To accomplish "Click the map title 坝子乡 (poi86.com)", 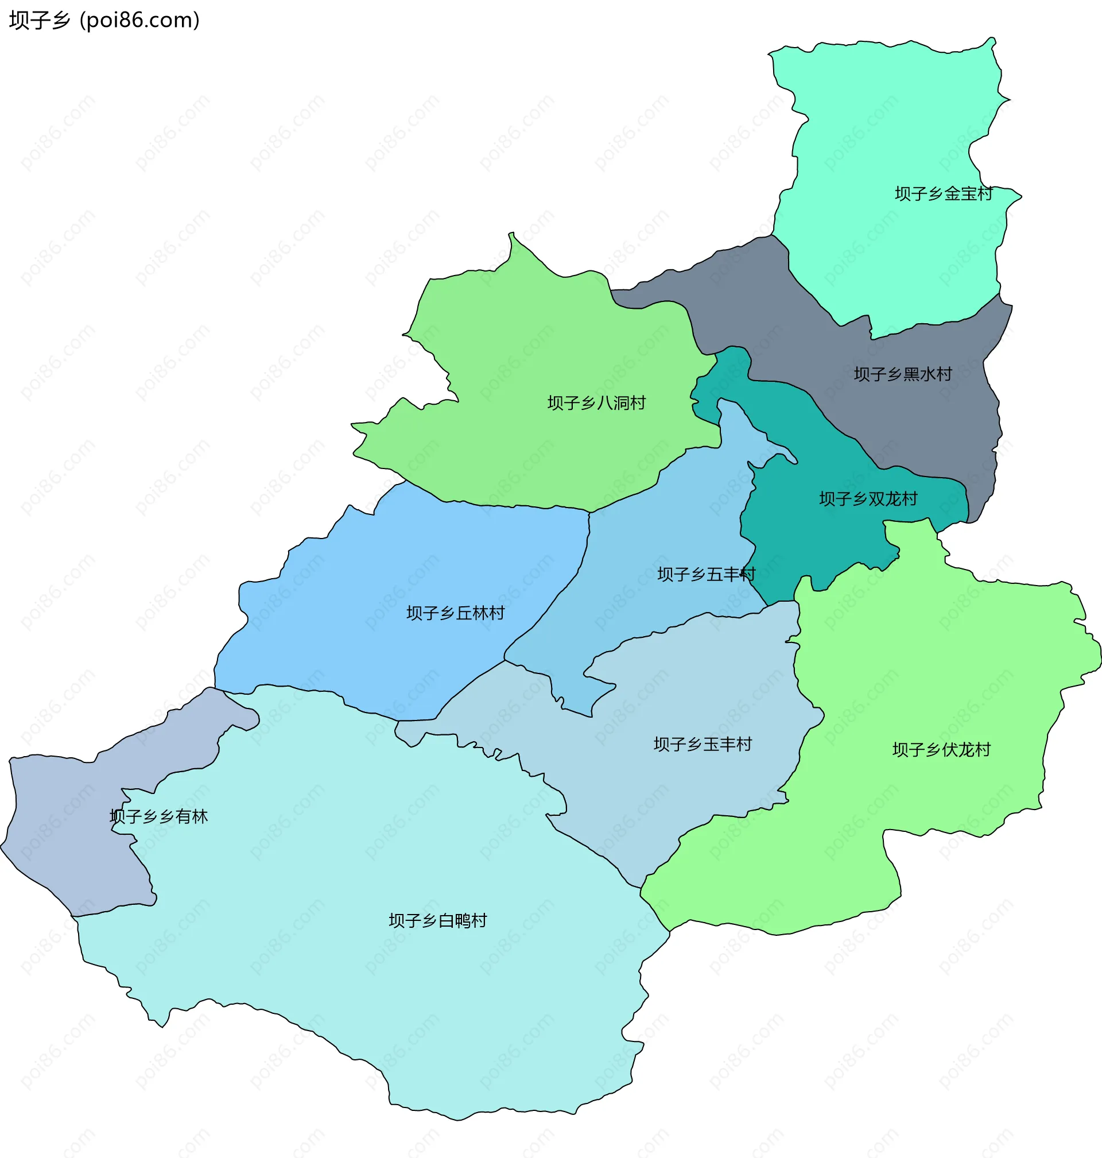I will pos(104,21).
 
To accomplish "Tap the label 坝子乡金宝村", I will pos(944,193).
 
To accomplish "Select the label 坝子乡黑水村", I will pos(902,374).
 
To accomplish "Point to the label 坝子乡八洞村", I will pos(596,402).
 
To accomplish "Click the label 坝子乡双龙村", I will pos(868,499).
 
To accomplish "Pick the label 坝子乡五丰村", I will pos(706,574).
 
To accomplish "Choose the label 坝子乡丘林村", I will pos(455,613).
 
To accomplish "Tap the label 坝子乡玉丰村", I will pos(703,745).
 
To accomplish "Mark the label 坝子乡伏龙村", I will pos(941,750).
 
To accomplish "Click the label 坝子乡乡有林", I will pos(158,816).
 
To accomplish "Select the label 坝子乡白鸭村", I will pos(437,921).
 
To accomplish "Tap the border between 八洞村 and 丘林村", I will pos(499,505).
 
